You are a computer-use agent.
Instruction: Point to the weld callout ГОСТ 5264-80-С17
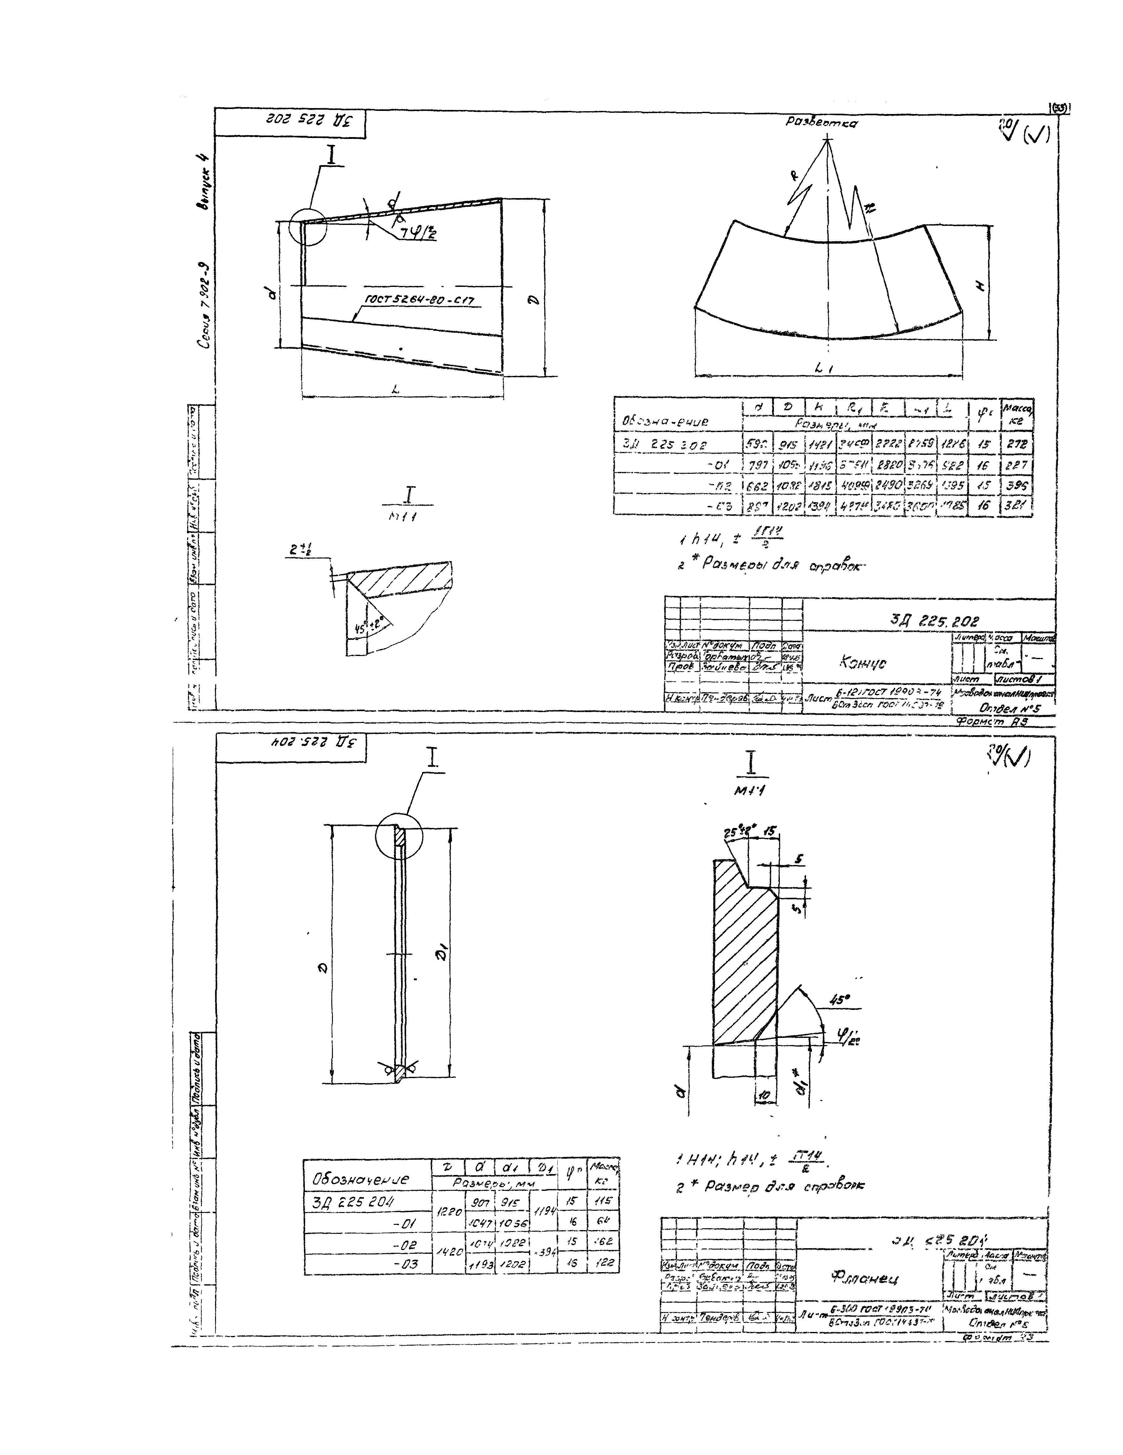pyautogui.click(x=423, y=301)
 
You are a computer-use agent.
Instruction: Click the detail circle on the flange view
pyautogui.click(x=399, y=836)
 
